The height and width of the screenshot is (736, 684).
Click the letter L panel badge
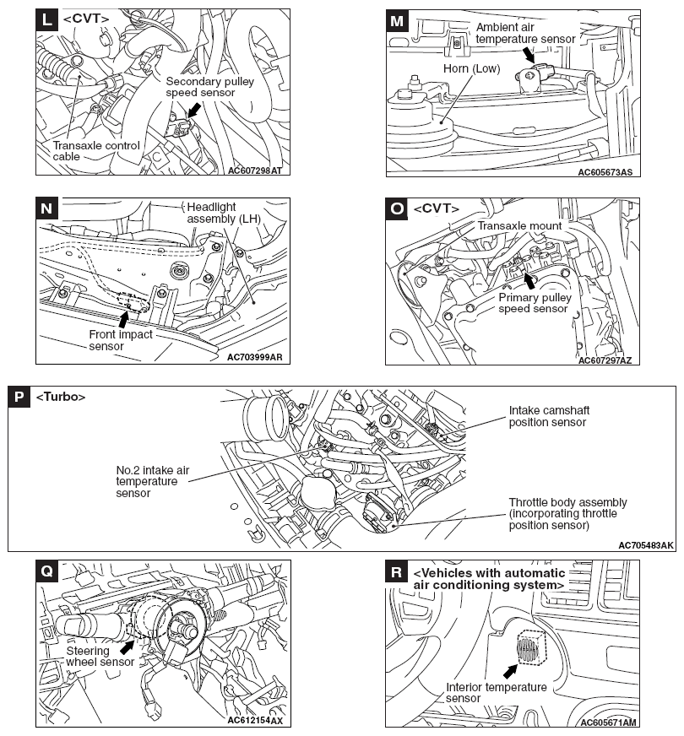click(x=46, y=19)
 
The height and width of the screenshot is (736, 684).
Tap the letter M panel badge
click(x=397, y=20)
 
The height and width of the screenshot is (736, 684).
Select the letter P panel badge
click(x=19, y=397)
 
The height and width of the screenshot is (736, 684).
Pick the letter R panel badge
click(x=396, y=572)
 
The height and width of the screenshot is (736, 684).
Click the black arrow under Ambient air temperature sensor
click(x=528, y=55)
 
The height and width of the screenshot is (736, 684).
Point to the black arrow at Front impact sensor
click(x=123, y=320)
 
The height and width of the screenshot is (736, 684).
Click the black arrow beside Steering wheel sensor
click(x=127, y=647)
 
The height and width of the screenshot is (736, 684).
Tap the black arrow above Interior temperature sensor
click(x=510, y=672)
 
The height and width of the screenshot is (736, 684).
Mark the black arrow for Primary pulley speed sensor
click(x=529, y=281)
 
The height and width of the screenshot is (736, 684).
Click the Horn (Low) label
click(x=471, y=68)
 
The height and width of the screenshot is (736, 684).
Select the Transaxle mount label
click(x=519, y=225)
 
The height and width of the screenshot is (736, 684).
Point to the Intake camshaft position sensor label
click(x=549, y=416)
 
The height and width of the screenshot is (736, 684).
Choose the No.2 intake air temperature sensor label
click(x=153, y=482)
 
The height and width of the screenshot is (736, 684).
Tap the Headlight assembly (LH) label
click(x=224, y=213)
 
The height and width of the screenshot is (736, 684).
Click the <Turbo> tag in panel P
click(x=61, y=397)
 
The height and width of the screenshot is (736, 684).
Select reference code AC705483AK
click(x=645, y=545)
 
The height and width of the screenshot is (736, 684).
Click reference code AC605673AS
click(x=605, y=172)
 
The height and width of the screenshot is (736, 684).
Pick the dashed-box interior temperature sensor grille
click(x=531, y=647)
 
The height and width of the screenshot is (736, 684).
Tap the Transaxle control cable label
click(x=96, y=151)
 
